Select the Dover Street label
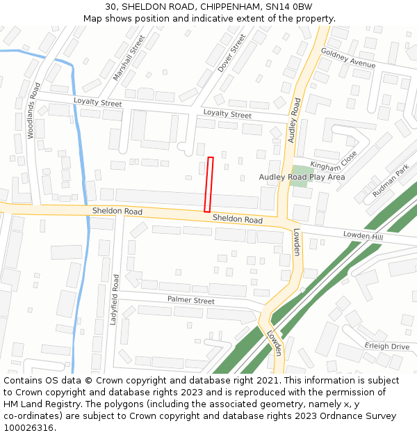pyautogui.click(x=232, y=54)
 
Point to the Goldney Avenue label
pyautogui.click(x=347, y=58)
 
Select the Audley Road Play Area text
pyautogui.click(x=302, y=177)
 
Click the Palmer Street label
pyautogui.click(x=191, y=300)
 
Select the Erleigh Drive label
pyautogui.click(x=387, y=346)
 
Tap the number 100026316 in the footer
pyautogui.click(x=28, y=428)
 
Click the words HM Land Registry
pyautogui.click(x=44, y=404)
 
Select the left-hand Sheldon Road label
pyautogui.click(x=117, y=211)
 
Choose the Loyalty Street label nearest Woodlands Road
pyautogui.click(x=98, y=103)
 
